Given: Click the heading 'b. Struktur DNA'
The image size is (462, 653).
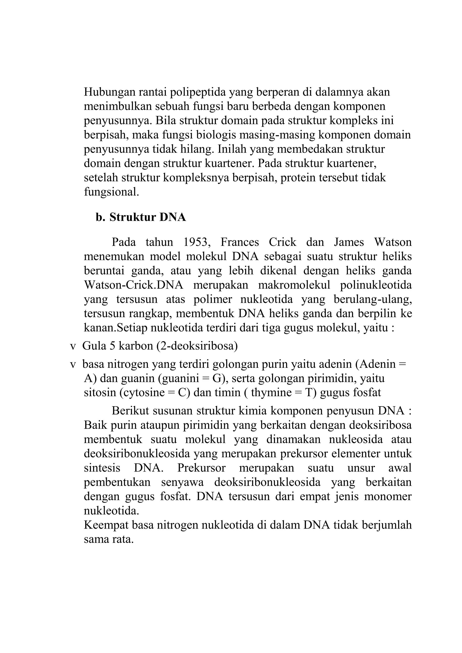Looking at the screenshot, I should click(141, 217).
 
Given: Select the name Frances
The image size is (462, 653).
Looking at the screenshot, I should click(240, 242).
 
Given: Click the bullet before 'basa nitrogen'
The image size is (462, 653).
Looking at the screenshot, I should click(73, 364).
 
